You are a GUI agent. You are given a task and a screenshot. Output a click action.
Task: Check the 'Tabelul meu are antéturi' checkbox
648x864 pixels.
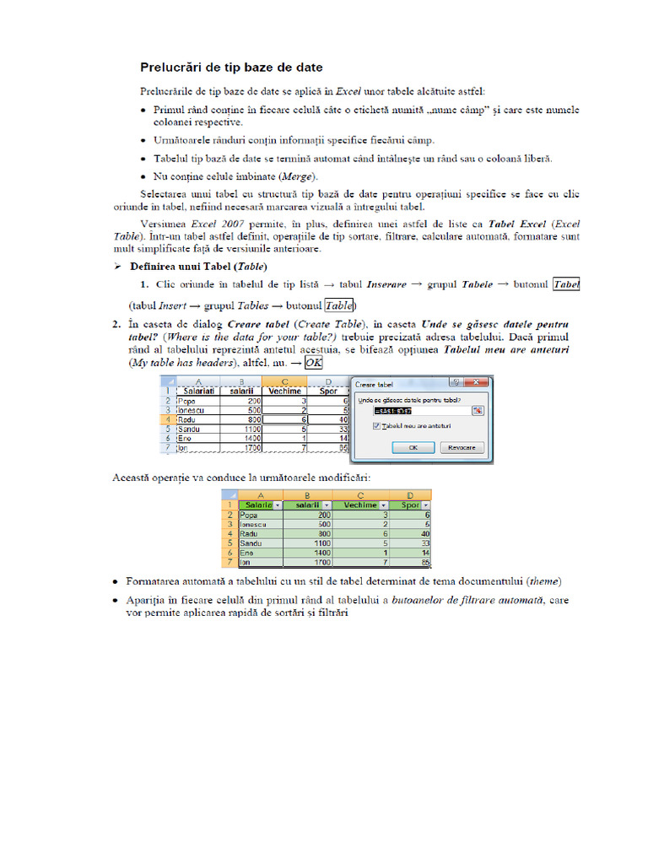click(x=376, y=426)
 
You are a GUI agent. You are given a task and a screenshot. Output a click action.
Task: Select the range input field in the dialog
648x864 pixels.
click(x=415, y=410)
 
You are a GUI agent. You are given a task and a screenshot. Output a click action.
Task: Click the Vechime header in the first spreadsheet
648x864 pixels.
click(x=284, y=391)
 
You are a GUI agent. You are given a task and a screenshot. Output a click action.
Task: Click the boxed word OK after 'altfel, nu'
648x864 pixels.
click(x=313, y=363)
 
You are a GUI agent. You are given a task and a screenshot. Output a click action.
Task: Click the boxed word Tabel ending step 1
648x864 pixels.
click(x=565, y=285)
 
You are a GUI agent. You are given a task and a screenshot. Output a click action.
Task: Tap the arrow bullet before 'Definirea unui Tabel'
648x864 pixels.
click(x=118, y=267)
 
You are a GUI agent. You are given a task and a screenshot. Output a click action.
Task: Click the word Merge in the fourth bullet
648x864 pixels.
click(x=301, y=176)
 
